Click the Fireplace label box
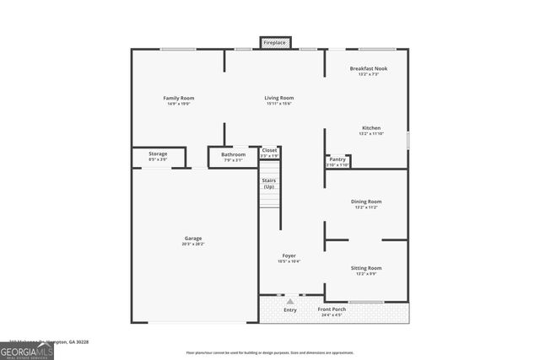pos(274,42)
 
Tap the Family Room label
pos(178,99)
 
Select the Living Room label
pos(278,99)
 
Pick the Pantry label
pos(337,159)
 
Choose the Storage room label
pos(158,154)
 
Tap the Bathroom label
pos(234,155)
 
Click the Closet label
pos(269,150)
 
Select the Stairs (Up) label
pos(269,183)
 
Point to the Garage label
pos(193,239)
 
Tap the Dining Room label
pos(366,201)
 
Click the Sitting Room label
pos(366,268)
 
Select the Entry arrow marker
pos(290,301)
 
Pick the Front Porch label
pos(331,309)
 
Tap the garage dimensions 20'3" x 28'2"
pos(193,244)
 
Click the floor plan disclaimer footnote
pos(270,352)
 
